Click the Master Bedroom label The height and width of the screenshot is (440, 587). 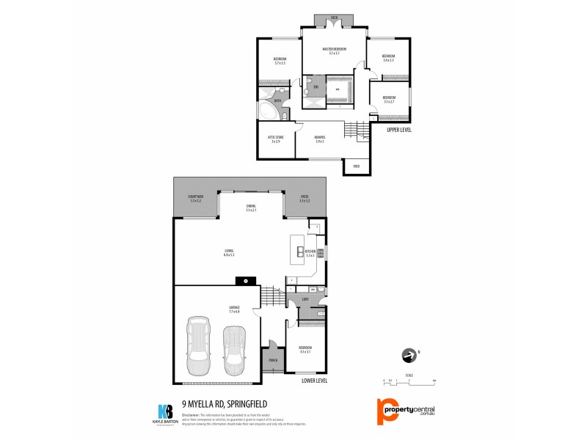pos(334,50)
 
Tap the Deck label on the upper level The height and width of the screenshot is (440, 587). pos(334,17)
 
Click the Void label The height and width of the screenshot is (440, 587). pos(357,166)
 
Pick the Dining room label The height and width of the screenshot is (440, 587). pos(251,208)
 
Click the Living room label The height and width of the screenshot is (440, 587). pos(229,252)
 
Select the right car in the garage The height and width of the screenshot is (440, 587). pos(234,349)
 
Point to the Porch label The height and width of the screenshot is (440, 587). pos(273,361)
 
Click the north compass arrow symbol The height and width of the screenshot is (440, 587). pos(408,356)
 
